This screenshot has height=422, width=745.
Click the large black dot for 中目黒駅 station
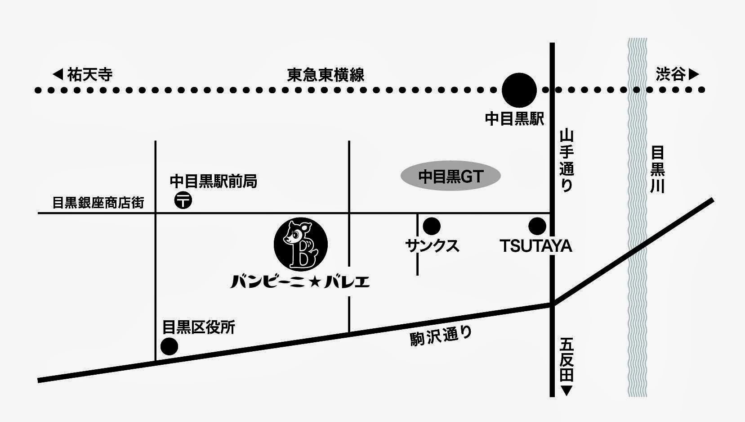pyautogui.click(x=519, y=89)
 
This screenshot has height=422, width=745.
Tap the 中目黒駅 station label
pyautogui.click(x=515, y=119)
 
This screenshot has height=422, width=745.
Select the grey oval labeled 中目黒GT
pyautogui.click(x=451, y=177)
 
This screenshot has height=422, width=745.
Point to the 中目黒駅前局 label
pyautogui.click(x=214, y=181)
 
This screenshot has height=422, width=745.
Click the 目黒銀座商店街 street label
pyautogui.click(x=98, y=203)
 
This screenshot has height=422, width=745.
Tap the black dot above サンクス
pyautogui.click(x=432, y=226)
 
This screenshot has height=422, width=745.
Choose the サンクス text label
pyautogui.click(x=432, y=246)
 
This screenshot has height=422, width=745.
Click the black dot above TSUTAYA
pyautogui.click(x=537, y=226)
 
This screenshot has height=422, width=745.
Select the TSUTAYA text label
pyautogui.click(x=536, y=246)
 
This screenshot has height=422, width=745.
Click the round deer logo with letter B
pyautogui.click(x=301, y=244)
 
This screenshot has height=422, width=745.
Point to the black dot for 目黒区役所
pyautogui.click(x=170, y=346)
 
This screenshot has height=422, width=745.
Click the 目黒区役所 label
pyautogui.click(x=199, y=327)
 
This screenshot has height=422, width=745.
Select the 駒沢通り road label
pyautogui.click(x=442, y=336)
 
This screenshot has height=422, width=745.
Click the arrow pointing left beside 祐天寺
pyautogui.click(x=58, y=74)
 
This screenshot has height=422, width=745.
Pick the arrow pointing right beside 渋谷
pyautogui.click(x=694, y=74)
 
